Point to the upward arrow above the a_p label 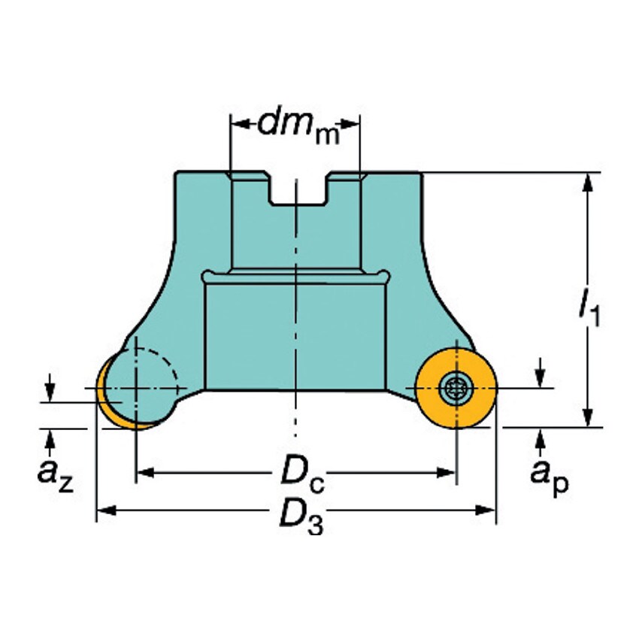[541, 436]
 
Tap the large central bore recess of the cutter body [297, 331]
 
